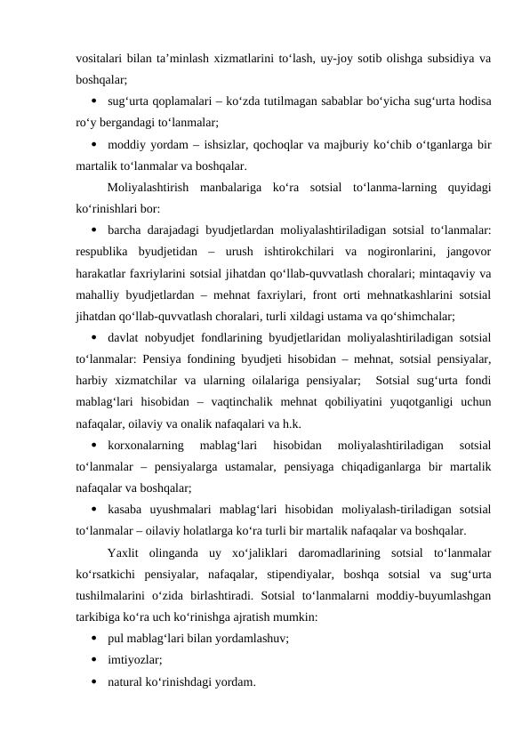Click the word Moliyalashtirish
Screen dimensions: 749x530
[x=149, y=187]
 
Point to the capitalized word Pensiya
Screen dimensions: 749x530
[x=164, y=358]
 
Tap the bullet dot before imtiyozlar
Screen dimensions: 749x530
[x=93, y=660]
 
